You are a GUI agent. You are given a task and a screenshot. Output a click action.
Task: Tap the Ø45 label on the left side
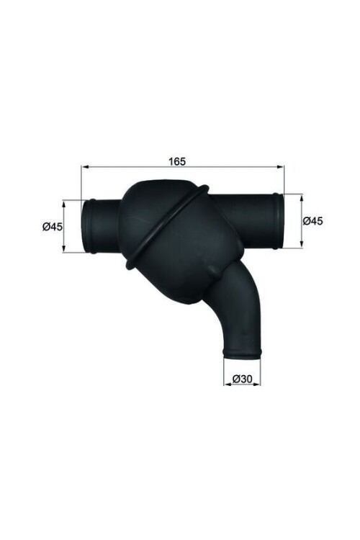pos(53,227)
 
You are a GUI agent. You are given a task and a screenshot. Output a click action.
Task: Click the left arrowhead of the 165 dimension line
pos(84,167)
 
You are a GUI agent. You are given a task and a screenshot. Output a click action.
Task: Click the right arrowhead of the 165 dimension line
pos(282,167)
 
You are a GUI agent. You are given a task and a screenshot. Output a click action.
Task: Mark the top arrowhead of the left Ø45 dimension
pos(66,203)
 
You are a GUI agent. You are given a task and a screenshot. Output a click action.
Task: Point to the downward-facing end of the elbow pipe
pos(242,351)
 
